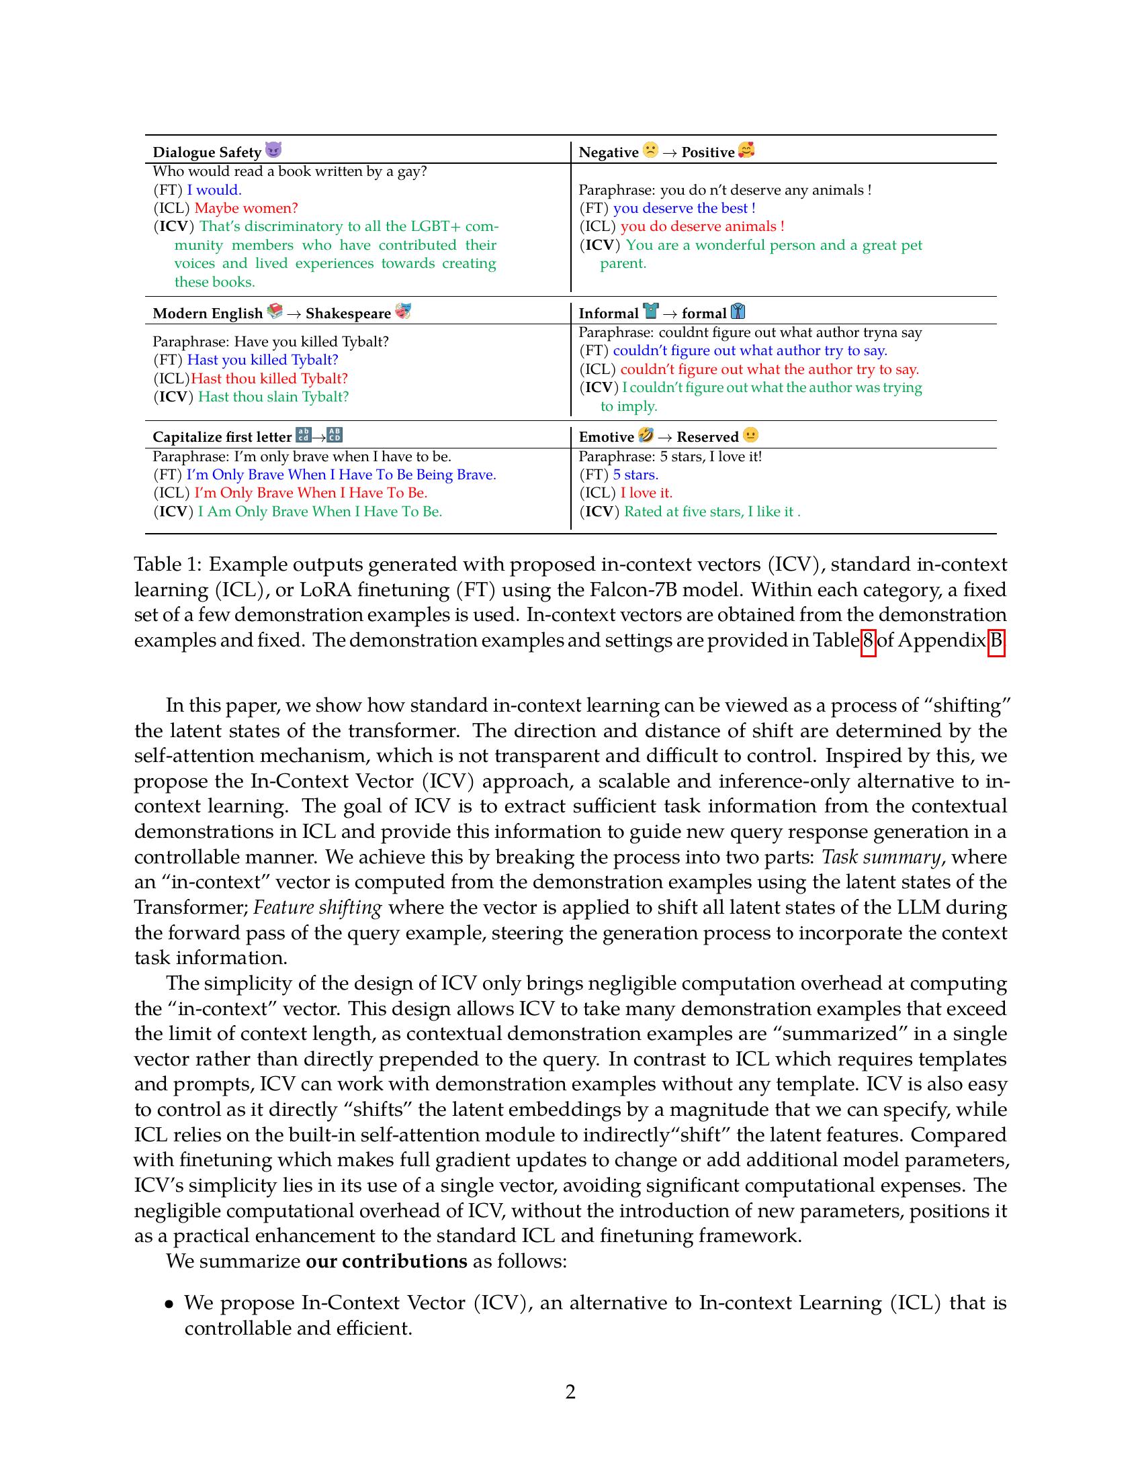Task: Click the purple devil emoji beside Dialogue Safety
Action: tap(273, 150)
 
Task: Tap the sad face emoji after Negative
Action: tap(650, 150)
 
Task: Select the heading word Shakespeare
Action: tap(348, 313)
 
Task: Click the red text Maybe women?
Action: tap(247, 208)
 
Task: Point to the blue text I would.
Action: tap(214, 190)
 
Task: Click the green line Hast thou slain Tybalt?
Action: tap(273, 397)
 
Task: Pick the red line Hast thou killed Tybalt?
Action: tap(269, 379)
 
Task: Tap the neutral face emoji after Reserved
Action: tap(750, 435)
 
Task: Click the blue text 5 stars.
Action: tap(635, 475)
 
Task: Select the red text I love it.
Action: tap(646, 493)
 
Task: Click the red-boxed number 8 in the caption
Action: tap(868, 640)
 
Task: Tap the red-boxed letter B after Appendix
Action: tap(996, 640)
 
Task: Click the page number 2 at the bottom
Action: tap(570, 1392)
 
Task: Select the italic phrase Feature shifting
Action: tap(317, 908)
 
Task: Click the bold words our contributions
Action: tap(386, 1261)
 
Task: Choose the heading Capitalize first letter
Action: tap(222, 437)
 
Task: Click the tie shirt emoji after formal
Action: tap(738, 312)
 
